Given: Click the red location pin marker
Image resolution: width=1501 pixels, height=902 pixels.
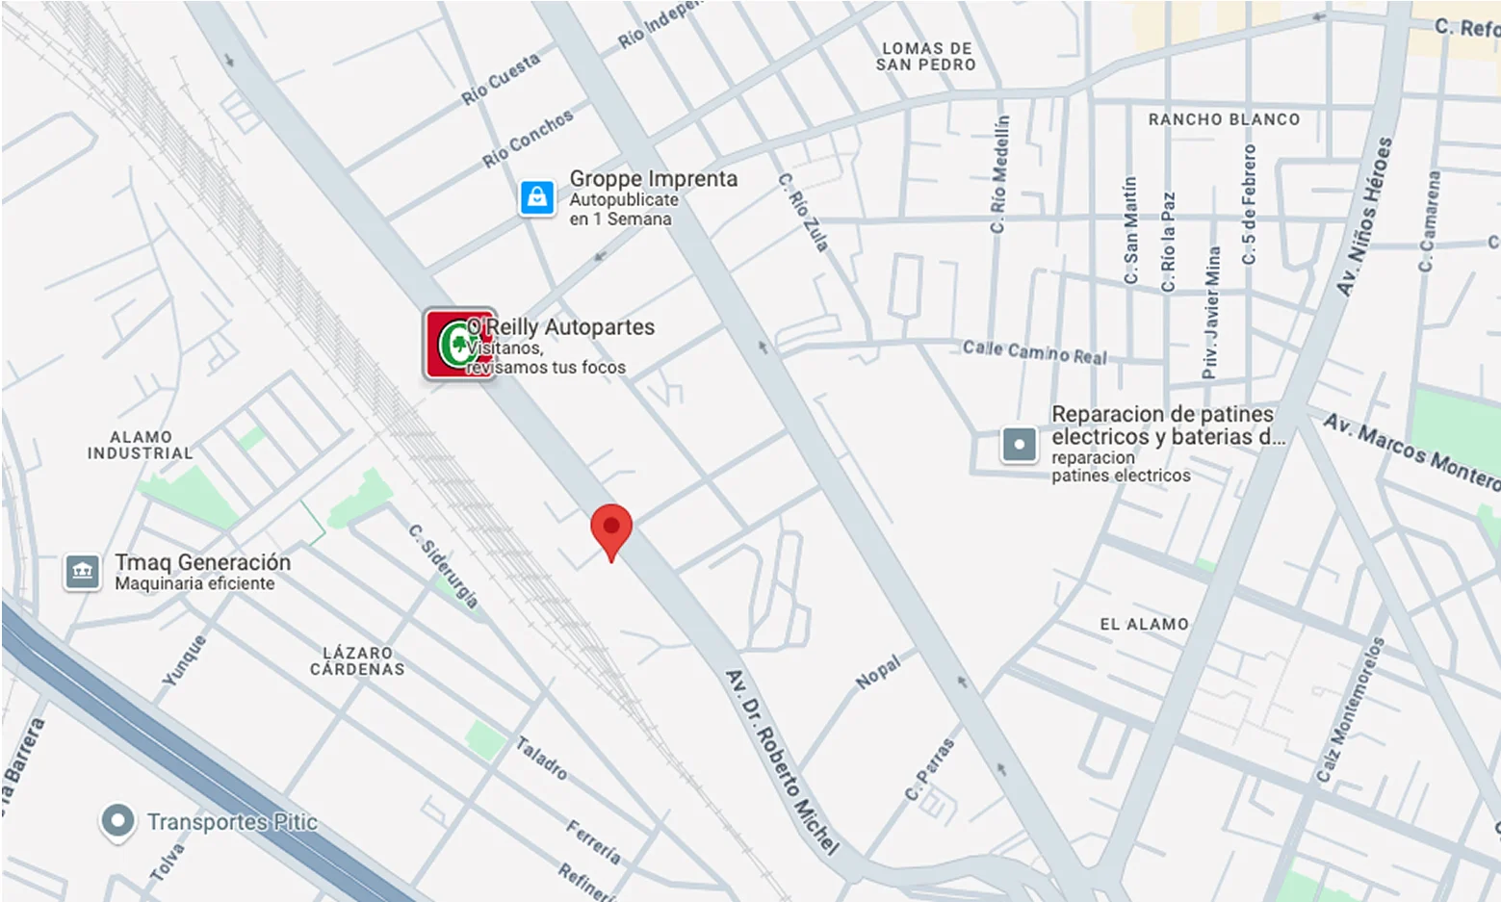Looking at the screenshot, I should click(x=610, y=528).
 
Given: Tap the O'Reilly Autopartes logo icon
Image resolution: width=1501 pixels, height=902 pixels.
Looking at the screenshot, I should click(x=459, y=345).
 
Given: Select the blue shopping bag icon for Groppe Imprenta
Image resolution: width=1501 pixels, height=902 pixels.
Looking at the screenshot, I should click(x=537, y=197).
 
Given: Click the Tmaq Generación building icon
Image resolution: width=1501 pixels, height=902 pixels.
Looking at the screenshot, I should click(x=83, y=572).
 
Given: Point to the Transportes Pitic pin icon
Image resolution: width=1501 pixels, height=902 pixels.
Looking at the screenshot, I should click(x=117, y=821).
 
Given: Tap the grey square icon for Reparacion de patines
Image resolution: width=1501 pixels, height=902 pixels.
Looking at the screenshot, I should click(x=1019, y=445).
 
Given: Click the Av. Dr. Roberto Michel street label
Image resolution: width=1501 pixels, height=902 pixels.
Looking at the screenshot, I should click(x=781, y=761).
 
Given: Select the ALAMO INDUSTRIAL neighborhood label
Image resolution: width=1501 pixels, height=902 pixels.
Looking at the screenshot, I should click(x=141, y=445).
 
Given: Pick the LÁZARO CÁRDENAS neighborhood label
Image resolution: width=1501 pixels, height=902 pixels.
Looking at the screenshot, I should click(x=357, y=660).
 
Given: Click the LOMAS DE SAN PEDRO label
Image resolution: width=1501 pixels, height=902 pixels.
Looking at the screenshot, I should click(x=926, y=57).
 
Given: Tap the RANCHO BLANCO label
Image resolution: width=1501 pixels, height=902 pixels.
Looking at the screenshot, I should click(x=1224, y=119).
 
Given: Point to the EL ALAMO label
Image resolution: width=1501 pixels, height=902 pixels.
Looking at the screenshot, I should click(x=1144, y=624).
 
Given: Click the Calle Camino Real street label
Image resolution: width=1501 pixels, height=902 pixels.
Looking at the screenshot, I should click(x=1035, y=351).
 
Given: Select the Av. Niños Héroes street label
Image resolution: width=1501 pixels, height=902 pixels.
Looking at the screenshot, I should click(x=1365, y=216).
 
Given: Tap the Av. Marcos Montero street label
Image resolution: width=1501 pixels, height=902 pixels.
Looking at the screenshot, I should click(x=1410, y=451).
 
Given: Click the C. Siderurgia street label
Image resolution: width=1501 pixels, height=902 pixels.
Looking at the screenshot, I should click(x=444, y=566).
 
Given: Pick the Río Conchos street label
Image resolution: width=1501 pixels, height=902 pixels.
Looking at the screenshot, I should click(x=528, y=138).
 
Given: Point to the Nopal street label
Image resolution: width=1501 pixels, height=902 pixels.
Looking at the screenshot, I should click(x=878, y=672).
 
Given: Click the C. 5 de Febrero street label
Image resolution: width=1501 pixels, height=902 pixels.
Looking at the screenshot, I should click(x=1249, y=204).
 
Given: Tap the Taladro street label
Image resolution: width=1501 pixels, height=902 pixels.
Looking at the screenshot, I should click(x=541, y=758).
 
